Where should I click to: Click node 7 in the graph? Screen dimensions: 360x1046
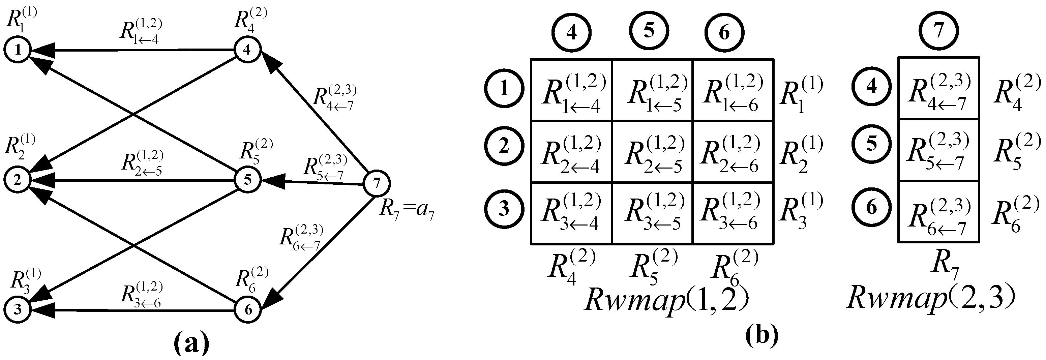377,183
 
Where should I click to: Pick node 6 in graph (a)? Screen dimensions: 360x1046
248,310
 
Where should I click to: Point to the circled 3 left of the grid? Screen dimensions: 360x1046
504,209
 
